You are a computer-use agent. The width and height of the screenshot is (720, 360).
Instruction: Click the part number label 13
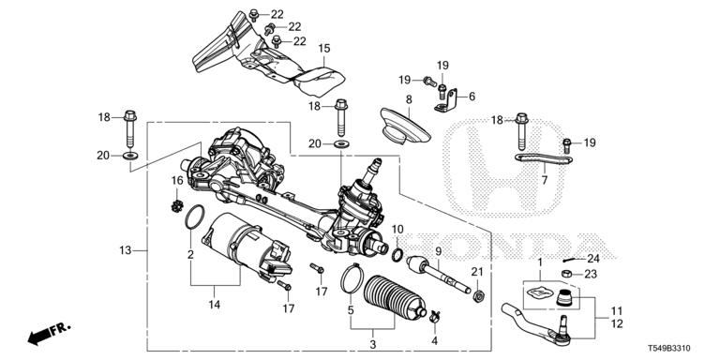126,250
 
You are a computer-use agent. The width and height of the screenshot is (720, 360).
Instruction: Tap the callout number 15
324,48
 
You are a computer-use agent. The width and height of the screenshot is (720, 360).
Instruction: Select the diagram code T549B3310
669,350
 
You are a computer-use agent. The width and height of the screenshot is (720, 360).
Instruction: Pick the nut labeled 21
478,296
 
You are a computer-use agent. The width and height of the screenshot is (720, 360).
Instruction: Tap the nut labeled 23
566,274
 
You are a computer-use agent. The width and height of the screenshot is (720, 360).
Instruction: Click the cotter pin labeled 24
570,261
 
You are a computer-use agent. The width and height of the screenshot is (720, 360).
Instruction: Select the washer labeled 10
397,254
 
